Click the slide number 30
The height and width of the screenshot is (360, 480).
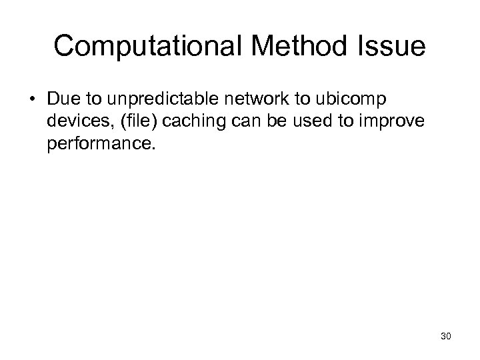click(x=446, y=337)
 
